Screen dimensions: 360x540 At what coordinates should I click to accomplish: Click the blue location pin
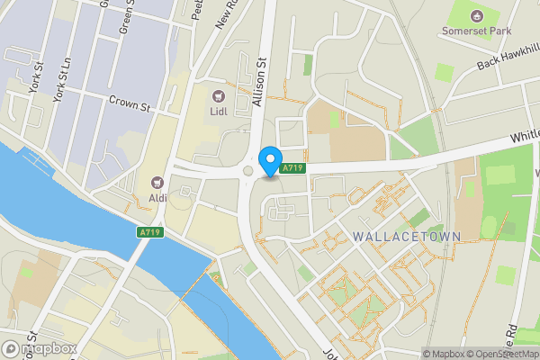[269, 161]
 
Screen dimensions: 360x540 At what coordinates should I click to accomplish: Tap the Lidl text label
[218, 112]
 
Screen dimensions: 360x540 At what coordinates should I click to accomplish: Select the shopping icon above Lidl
[218, 96]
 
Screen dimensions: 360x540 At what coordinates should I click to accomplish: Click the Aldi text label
[158, 197]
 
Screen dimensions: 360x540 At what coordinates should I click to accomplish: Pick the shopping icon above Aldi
[158, 182]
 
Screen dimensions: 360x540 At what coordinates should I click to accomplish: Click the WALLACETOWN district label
[407, 237]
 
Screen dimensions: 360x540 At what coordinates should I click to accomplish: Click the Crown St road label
[129, 104]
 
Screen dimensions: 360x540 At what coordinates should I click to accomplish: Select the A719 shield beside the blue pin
[292, 168]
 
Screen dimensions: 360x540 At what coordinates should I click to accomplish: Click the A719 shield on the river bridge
[150, 233]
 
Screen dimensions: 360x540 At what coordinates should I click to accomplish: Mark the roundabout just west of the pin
[247, 170]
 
